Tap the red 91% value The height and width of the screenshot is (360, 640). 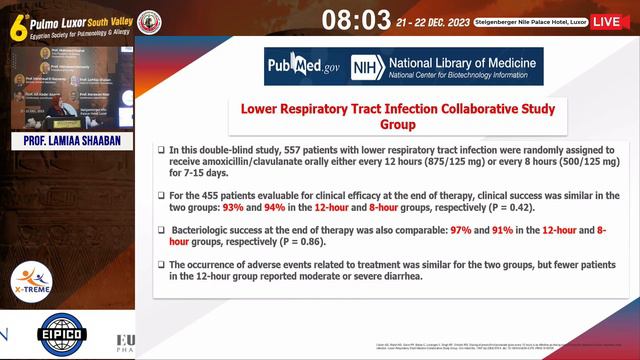(502, 230)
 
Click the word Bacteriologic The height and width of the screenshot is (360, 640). (205, 230)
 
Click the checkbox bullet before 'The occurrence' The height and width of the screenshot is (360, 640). (161, 265)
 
